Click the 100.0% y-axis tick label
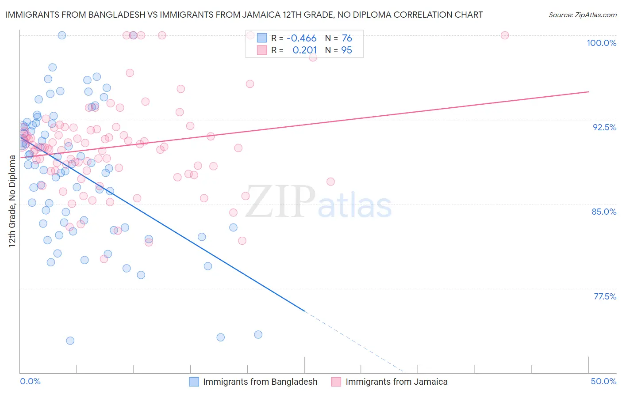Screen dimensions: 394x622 [x=601, y=43]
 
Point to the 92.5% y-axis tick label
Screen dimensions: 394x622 [x=604, y=127]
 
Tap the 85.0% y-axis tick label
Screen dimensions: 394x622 [x=604, y=212]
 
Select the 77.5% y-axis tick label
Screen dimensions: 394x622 [x=605, y=296]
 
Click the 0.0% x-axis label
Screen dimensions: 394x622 [x=30, y=381]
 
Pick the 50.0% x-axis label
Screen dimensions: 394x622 [x=603, y=381]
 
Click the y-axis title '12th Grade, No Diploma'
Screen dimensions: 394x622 [x=12, y=201]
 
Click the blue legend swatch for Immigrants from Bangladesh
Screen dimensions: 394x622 [x=194, y=382]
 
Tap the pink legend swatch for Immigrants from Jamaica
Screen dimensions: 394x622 [x=336, y=382]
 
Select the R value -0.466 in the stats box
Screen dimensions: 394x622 [x=301, y=38]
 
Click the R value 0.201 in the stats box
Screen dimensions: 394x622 [x=304, y=50]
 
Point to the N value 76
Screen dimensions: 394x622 [x=347, y=38]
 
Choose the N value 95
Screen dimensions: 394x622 [x=347, y=50]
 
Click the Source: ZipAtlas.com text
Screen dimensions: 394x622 [x=582, y=15]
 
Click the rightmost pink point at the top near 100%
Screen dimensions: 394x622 [x=505, y=35]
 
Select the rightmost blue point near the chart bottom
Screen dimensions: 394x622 [x=258, y=335]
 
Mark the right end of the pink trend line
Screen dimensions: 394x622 [x=588, y=91]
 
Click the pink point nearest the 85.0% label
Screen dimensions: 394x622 [x=330, y=182]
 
